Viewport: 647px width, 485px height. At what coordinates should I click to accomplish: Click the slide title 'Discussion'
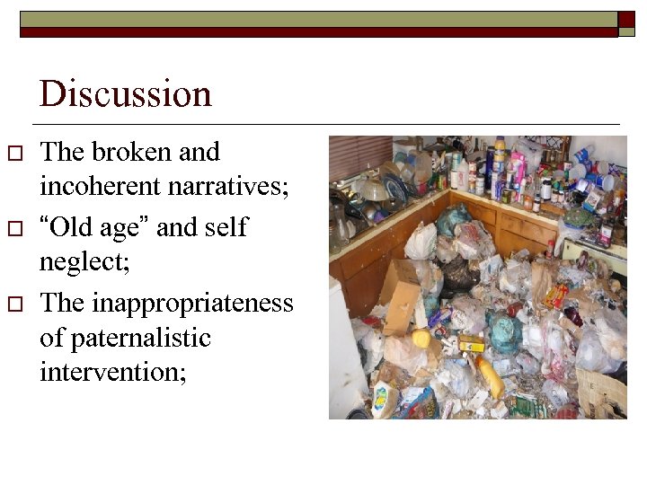click(x=125, y=93)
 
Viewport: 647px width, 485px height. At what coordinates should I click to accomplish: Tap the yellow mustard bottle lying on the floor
click(x=490, y=376)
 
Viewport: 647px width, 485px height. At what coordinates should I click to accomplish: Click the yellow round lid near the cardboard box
click(x=421, y=339)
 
